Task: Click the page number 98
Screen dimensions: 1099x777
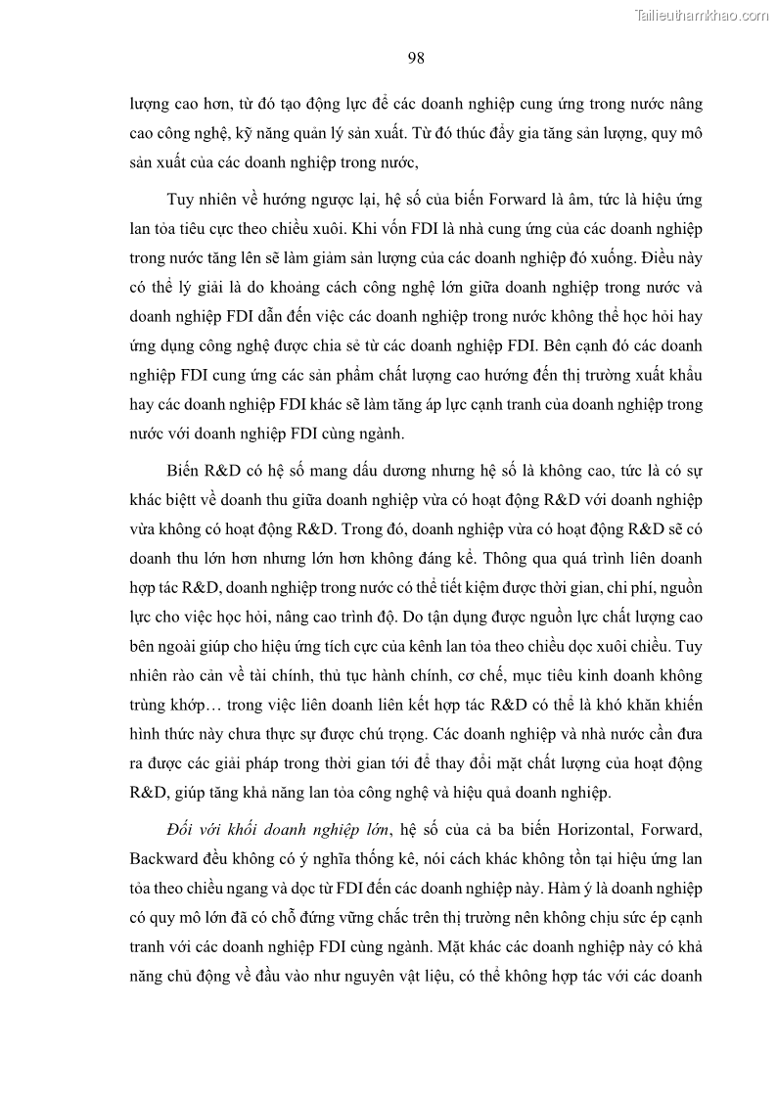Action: tap(415, 58)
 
